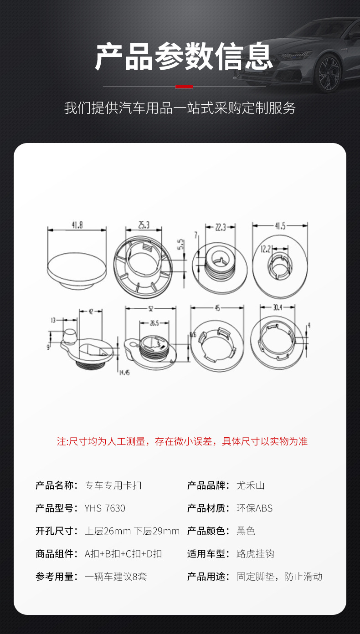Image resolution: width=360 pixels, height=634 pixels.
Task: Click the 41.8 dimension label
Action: point(77,225)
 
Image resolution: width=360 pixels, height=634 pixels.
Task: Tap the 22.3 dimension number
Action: point(220,227)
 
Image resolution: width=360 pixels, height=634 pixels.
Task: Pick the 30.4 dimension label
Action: point(278,307)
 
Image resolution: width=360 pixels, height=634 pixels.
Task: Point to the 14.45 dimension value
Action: point(124,373)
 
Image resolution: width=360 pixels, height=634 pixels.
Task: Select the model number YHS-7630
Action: point(105,508)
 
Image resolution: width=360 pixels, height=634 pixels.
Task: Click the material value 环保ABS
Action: point(254,508)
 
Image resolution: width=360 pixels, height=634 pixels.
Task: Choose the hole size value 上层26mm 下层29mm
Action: point(132,531)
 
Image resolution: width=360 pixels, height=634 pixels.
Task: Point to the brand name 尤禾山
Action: point(250,486)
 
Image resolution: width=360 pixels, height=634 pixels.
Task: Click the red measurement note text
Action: point(182,441)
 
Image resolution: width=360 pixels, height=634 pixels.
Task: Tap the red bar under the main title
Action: point(184,87)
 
